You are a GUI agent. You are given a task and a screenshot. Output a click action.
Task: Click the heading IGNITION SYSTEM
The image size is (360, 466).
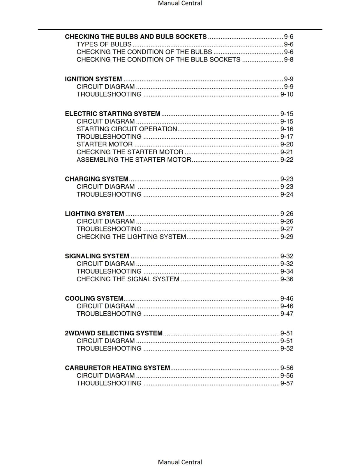pyautogui.click(x=93, y=79)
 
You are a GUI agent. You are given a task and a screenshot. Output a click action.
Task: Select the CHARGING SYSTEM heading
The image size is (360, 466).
pyautogui.click(x=96, y=179)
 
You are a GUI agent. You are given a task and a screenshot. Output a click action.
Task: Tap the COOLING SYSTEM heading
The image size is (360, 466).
pyautogui.click(x=94, y=299)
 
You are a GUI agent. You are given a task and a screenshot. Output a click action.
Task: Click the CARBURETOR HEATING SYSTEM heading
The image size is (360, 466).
pyautogui.click(x=117, y=368)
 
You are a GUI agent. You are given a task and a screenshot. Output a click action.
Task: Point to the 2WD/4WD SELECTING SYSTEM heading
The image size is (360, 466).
pyautogui.click(x=114, y=333)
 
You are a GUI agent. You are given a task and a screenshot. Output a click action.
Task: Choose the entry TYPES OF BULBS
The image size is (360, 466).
pyautogui.click(x=104, y=44)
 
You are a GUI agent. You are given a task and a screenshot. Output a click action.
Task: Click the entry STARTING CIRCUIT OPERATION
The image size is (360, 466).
pyautogui.click(x=127, y=129)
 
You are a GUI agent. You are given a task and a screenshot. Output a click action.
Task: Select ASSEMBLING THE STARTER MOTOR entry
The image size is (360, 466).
pyautogui.click(x=134, y=160)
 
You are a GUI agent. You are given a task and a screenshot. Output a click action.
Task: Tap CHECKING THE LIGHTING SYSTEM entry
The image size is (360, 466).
pyautogui.click(x=131, y=237)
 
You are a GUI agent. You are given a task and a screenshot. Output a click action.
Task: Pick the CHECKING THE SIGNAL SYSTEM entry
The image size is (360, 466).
pyautogui.click(x=128, y=279)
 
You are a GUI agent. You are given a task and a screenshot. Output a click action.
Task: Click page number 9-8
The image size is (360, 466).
pyautogui.click(x=289, y=60)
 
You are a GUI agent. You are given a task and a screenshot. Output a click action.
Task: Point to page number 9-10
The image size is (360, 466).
pyautogui.click(x=287, y=94)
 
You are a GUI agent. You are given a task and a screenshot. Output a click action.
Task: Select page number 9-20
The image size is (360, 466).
pyautogui.click(x=287, y=144)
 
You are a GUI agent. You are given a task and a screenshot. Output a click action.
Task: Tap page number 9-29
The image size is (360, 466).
pyautogui.click(x=287, y=237)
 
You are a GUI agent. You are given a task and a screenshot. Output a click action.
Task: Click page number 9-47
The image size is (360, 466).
pyautogui.click(x=287, y=314)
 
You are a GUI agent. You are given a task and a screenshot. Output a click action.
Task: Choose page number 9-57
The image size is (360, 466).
pyautogui.click(x=287, y=383)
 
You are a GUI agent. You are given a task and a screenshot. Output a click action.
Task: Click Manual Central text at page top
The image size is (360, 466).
pyautogui.click(x=180, y=3)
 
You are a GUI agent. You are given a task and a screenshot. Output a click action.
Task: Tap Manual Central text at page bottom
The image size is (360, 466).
pyautogui.click(x=180, y=462)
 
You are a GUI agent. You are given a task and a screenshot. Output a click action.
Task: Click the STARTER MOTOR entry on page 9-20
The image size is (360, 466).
pyautogui.click(x=105, y=144)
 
